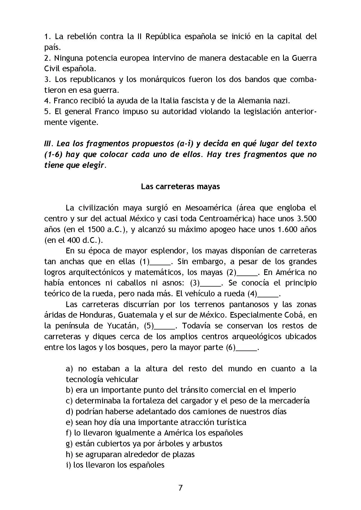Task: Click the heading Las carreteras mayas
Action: point(180,186)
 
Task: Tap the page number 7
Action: point(180,488)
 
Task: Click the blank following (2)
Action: point(247,273)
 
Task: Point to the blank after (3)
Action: point(211,284)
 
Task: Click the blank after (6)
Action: point(247,348)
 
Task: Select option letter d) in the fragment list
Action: point(70,412)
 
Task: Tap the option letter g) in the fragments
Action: point(69,444)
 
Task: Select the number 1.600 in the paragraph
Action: point(286,229)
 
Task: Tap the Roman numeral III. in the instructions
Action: point(49,144)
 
